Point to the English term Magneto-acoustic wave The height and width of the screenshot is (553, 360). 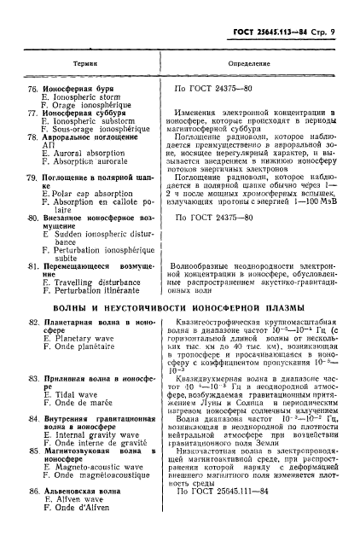pyautogui.click(x=91, y=467)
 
